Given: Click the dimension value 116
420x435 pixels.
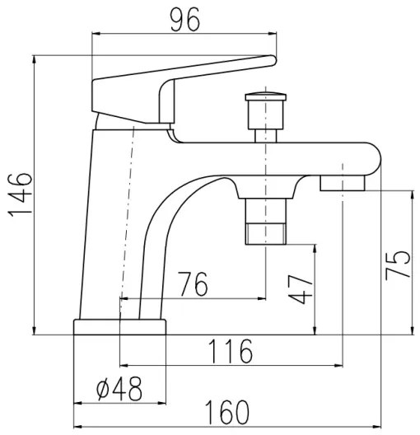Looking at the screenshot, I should click(229, 352).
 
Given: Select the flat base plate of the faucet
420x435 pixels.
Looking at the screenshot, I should click(120, 327).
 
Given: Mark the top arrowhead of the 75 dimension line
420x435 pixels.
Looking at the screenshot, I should click(409, 194).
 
